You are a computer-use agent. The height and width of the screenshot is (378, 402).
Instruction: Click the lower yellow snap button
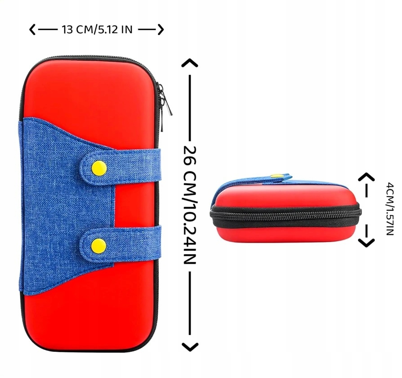98,245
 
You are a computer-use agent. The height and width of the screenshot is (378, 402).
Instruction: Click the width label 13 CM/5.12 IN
97,30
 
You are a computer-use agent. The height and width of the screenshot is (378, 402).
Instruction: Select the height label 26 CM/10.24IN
190,205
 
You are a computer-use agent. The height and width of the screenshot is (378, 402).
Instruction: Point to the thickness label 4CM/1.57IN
389,208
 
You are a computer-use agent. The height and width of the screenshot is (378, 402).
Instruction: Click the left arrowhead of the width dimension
32,30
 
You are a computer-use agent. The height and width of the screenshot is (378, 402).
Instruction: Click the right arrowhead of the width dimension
160,30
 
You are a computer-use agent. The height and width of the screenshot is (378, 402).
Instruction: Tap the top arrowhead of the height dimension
190,63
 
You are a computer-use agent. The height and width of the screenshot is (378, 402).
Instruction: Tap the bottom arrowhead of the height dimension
190,346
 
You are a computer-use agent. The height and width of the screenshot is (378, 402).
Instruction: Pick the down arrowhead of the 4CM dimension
366,242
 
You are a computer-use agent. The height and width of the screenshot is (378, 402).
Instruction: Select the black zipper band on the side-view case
286,215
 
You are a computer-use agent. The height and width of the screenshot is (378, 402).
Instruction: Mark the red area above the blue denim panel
90,90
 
